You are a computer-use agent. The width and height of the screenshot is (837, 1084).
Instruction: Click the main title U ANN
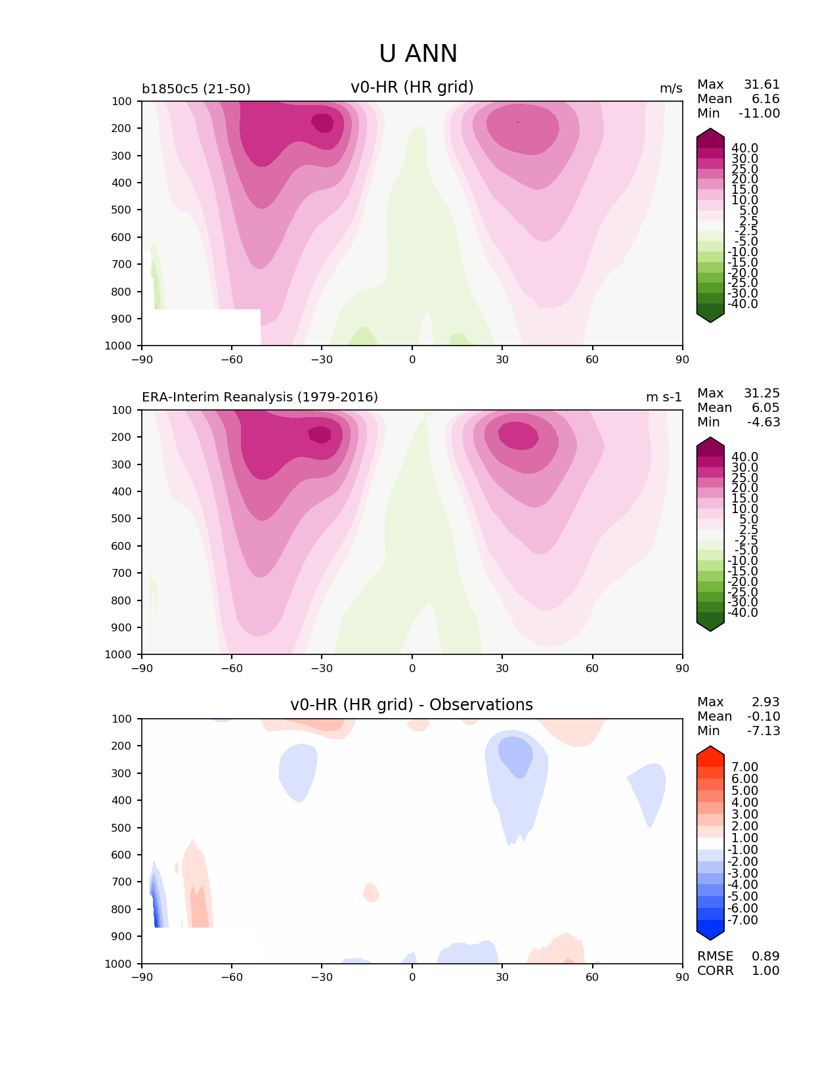418,54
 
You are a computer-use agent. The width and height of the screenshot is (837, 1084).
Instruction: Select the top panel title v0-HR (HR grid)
412,87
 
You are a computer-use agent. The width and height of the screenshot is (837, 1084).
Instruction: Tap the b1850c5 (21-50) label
196,89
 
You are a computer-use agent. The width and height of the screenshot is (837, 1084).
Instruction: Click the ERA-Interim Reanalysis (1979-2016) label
260,397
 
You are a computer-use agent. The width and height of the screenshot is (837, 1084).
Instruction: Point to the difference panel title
412,705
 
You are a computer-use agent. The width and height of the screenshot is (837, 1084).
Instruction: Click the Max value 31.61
762,85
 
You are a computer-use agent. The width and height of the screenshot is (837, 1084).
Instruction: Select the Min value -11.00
759,114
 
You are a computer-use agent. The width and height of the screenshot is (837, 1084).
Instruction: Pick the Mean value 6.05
765,408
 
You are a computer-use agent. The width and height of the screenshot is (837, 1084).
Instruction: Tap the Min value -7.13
763,731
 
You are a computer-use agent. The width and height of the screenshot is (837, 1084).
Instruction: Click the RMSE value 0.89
765,957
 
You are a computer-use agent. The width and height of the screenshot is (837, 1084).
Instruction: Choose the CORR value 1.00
765,971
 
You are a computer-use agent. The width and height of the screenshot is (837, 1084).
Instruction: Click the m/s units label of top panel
671,89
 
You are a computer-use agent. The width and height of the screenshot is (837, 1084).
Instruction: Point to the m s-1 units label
664,397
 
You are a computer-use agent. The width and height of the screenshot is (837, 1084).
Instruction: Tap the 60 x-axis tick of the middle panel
593,669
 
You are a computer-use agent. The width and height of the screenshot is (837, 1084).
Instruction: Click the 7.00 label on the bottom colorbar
744,767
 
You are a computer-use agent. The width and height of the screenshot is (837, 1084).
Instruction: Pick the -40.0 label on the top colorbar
742,304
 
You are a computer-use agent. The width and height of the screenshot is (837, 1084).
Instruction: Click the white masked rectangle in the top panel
201,327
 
